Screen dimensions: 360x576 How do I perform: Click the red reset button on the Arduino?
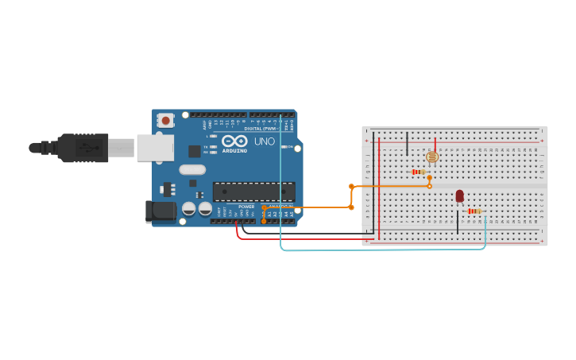point(165,121)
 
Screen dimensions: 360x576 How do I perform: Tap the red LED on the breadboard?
point(459,195)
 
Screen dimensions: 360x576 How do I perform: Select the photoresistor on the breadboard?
point(432,157)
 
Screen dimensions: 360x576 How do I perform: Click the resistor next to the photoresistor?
point(418,172)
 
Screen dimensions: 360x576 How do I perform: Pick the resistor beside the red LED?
point(474,211)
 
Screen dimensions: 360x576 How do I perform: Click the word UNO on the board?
point(264,141)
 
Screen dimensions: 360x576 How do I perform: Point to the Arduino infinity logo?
point(234,141)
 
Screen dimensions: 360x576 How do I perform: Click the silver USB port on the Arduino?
point(155,148)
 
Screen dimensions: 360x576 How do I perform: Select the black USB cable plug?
point(83,148)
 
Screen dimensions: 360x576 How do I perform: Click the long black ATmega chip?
point(253,192)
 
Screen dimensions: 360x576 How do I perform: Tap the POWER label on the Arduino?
point(246,207)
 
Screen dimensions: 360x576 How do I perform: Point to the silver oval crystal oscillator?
point(192,169)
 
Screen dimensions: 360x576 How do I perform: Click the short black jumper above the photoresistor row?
point(407,144)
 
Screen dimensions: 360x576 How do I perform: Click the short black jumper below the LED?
point(457,223)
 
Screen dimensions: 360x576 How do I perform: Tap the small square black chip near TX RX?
point(194,151)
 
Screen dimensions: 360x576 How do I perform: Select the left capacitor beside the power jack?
point(188,208)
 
